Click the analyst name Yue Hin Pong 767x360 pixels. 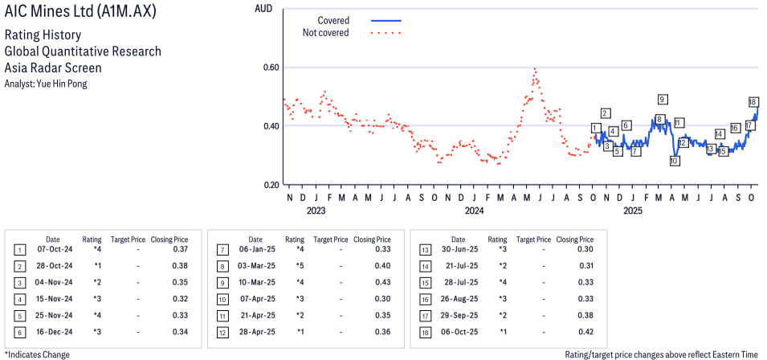[x=46, y=84]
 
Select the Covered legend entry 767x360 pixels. [x=333, y=20]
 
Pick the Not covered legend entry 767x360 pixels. [x=325, y=33]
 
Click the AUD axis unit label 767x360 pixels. [x=263, y=8]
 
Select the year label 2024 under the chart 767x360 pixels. [x=474, y=211]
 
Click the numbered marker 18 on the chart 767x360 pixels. [x=753, y=102]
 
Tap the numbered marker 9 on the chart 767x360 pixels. [x=662, y=100]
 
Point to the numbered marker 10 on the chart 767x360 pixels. [x=675, y=161]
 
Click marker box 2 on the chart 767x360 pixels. [x=605, y=113]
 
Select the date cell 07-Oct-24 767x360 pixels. [x=53, y=249]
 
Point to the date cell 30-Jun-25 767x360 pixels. [x=458, y=249]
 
